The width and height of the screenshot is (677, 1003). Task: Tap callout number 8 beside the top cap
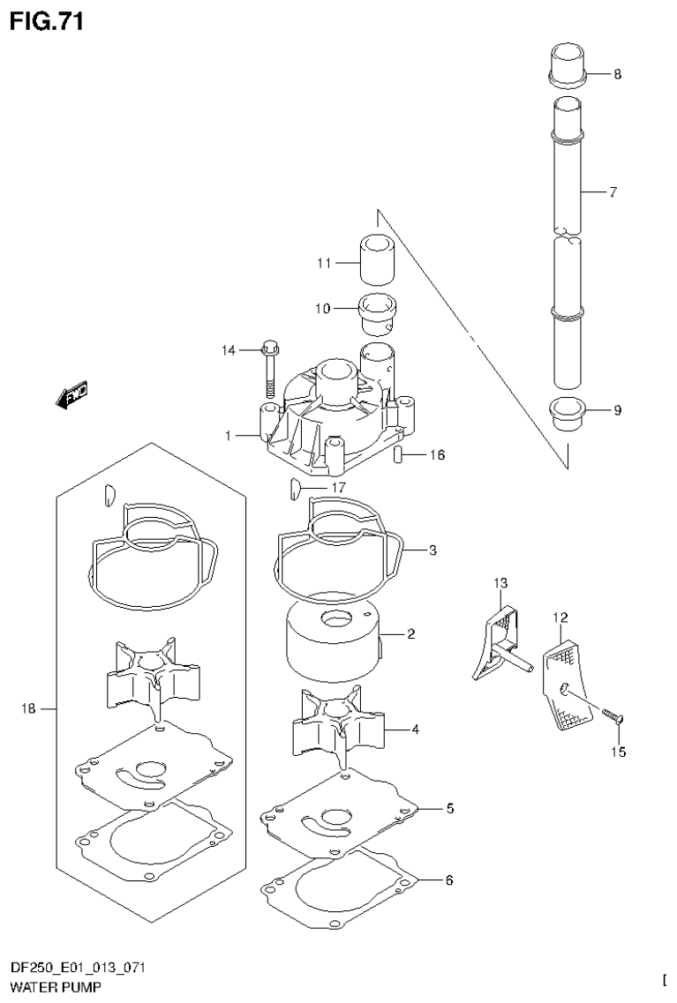pos(616,75)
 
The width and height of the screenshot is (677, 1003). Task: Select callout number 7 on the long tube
pos(613,191)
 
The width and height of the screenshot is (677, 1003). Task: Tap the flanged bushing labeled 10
pos(377,311)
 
